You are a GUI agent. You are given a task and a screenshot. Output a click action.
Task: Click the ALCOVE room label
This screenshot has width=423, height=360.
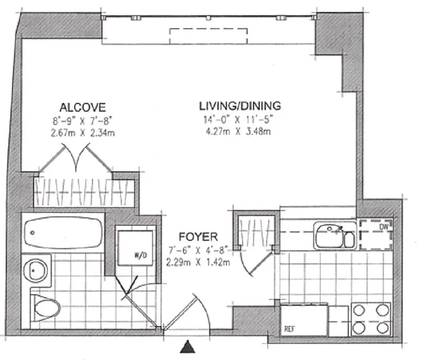coord(82,107)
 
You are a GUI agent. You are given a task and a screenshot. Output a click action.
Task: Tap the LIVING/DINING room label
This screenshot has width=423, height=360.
coord(240,106)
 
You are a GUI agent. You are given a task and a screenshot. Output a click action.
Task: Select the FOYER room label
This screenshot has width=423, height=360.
coord(198,236)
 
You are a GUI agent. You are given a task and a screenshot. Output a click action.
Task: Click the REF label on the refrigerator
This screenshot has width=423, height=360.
coord(289,328)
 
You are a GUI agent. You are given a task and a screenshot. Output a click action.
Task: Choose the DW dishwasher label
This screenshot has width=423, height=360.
coord(383,227)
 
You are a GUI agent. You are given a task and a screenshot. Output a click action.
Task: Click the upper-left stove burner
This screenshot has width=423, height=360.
coord(359,310)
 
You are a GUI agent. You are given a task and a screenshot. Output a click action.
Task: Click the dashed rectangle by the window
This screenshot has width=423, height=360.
coord(208,36)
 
